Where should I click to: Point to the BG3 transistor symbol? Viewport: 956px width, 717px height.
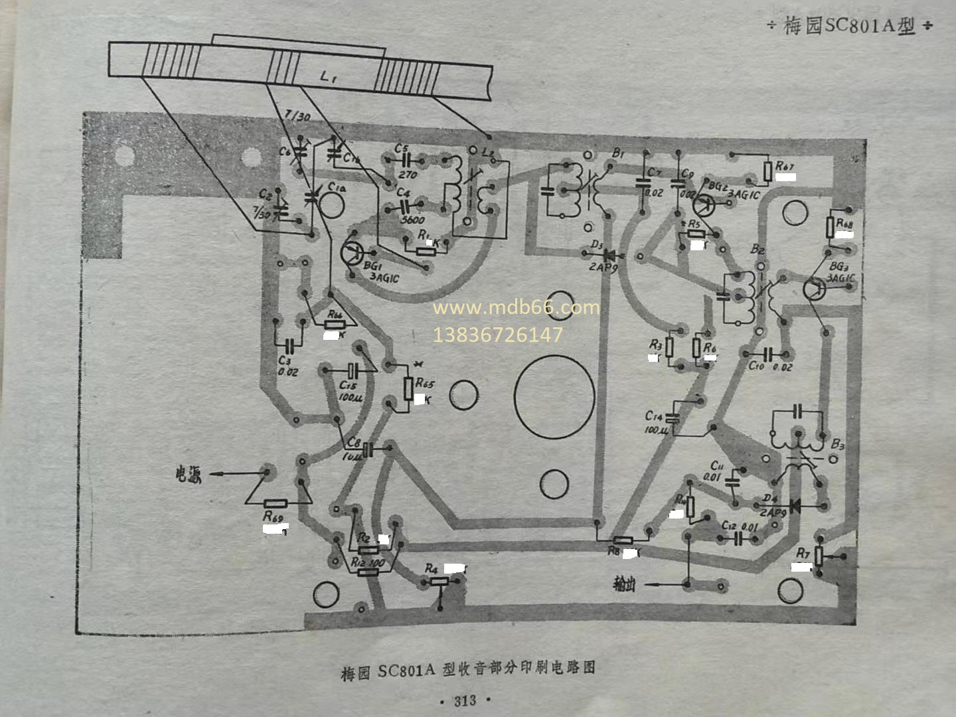coord(814,289)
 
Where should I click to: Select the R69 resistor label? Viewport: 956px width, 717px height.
coord(273,517)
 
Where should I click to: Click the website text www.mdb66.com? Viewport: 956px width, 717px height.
coord(516,307)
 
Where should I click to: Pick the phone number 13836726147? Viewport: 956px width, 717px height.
coord(497,335)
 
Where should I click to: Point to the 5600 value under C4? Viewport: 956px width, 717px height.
coord(409,219)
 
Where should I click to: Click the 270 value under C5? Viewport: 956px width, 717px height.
coord(407,175)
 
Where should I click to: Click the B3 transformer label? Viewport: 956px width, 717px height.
coord(837,443)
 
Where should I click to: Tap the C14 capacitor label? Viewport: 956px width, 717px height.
coord(654,416)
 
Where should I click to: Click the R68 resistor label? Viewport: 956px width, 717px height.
coord(844,223)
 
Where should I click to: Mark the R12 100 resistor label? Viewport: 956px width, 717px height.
coord(368,562)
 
